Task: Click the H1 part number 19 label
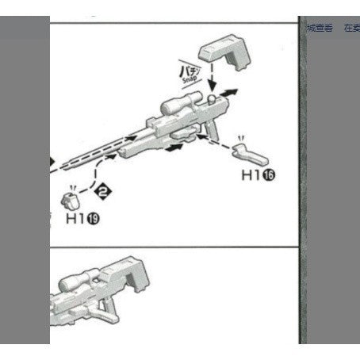[x=82, y=216]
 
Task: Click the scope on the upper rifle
[x=180, y=104]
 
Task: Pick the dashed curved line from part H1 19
[x=99, y=169]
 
